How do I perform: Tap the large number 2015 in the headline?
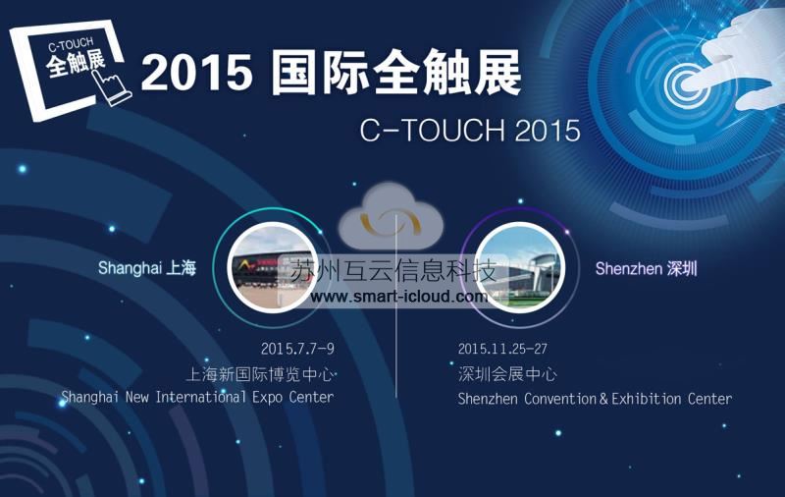click(x=197, y=73)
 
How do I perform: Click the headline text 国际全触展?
click(x=396, y=72)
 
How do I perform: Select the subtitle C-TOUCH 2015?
click(x=470, y=131)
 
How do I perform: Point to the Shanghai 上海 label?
click(x=146, y=268)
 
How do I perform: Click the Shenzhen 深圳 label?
click(x=646, y=269)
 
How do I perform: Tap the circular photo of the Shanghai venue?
click(x=272, y=268)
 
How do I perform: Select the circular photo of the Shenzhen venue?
click(x=520, y=268)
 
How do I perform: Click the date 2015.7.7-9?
click(x=297, y=349)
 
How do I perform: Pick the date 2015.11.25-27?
click(x=502, y=349)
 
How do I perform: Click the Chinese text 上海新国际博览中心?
click(x=260, y=374)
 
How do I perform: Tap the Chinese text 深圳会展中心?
click(x=506, y=374)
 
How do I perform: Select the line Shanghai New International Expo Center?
click(x=197, y=397)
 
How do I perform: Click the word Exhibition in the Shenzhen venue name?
click(x=646, y=399)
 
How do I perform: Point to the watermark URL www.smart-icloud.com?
click(x=398, y=297)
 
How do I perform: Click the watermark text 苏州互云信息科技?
click(x=393, y=271)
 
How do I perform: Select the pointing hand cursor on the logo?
click(x=112, y=86)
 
